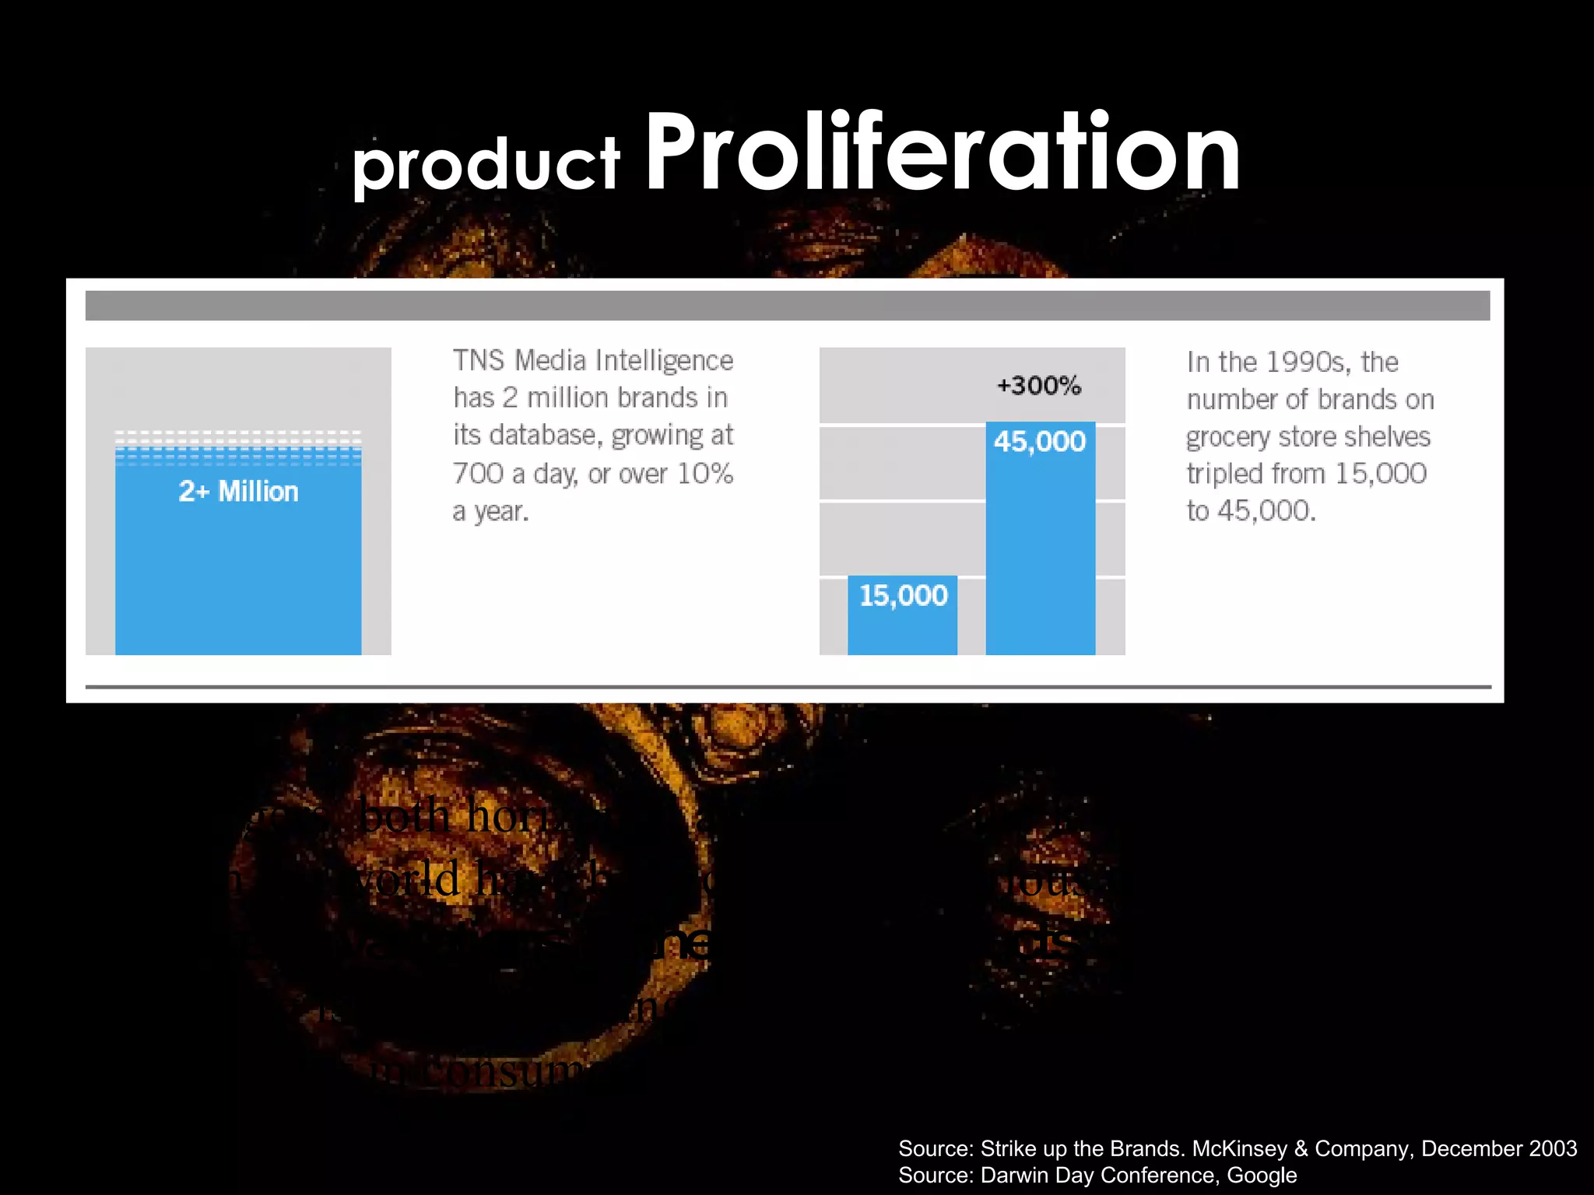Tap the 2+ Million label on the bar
coord(238,492)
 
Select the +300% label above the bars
coord(1039,385)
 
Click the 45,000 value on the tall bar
coord(1040,441)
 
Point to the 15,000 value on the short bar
coord(903,596)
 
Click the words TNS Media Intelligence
coord(593,360)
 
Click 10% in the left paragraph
coord(705,474)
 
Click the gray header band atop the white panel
coord(786,306)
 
